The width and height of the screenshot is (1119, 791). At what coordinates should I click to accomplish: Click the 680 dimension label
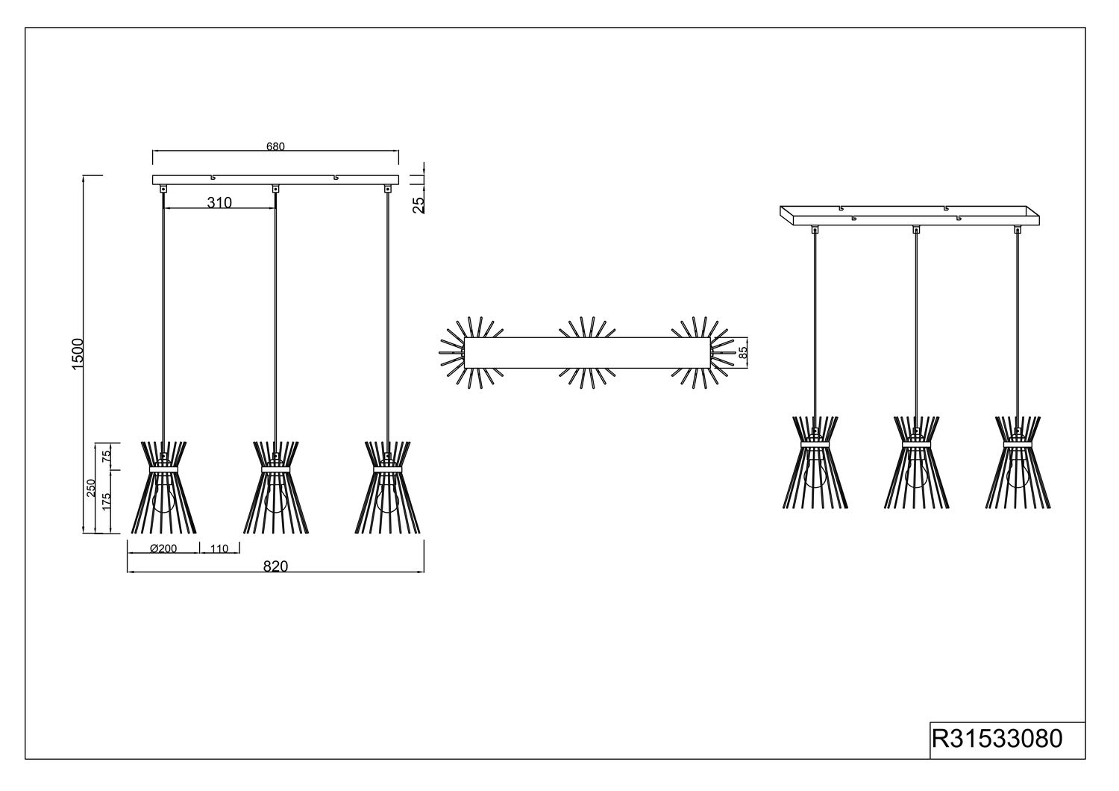coord(275,146)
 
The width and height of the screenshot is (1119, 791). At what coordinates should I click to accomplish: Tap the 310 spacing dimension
coord(219,202)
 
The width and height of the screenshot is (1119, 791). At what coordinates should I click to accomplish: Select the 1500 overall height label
coord(78,354)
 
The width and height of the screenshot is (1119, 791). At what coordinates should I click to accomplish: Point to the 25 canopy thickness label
coord(419,205)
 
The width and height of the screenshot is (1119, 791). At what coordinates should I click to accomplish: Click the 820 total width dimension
coord(276,566)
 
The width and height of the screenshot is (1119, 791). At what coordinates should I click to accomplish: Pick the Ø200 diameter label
coord(163,548)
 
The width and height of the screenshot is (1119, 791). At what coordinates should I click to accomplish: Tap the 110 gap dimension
coord(219,548)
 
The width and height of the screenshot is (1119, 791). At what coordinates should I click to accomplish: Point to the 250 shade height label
coord(91,488)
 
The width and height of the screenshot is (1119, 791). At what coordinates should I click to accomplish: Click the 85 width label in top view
coord(743,353)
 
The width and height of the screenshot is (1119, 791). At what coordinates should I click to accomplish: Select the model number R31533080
coord(997,739)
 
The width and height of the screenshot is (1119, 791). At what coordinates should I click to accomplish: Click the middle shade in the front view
coord(276,487)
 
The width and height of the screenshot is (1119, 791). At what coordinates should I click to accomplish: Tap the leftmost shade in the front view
coord(164,487)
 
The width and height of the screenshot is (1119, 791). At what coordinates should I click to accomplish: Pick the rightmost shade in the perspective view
coord(1018,462)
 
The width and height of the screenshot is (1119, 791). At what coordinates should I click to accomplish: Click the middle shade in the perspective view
coord(916,462)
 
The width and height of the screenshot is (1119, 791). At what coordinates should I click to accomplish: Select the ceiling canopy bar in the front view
coord(276,180)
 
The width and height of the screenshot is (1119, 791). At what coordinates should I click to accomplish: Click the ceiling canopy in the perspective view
coord(909,216)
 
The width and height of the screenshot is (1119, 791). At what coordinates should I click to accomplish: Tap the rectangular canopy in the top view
coord(587,353)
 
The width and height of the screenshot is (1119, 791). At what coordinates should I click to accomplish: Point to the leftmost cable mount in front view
coord(163,189)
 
